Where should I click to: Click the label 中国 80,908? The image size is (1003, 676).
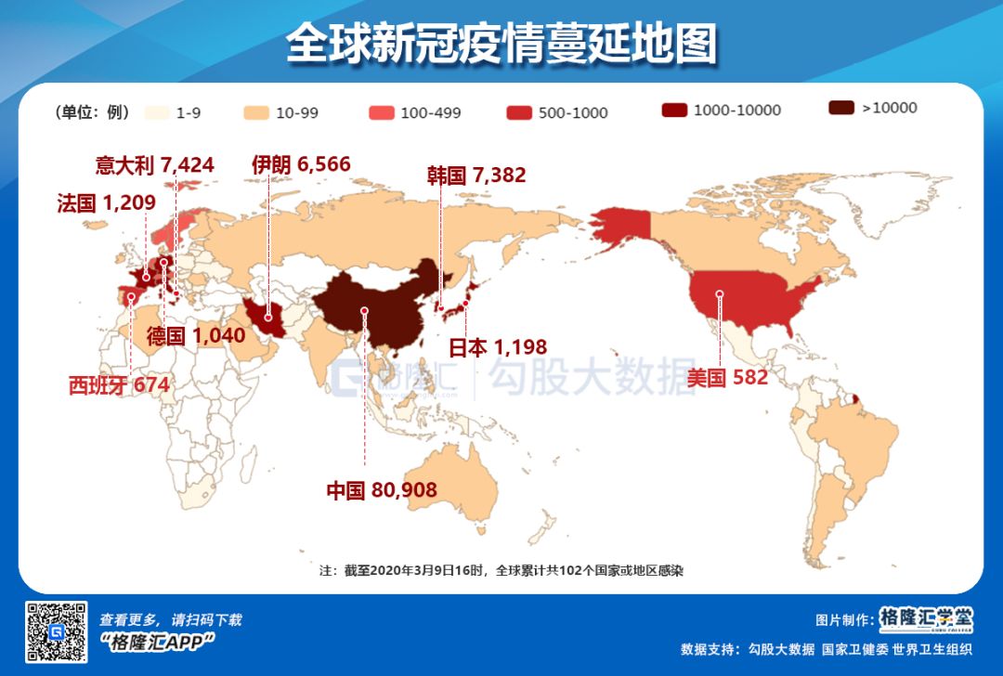pyautogui.click(x=381, y=490)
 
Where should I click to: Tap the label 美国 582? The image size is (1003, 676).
pyautogui.click(x=728, y=377)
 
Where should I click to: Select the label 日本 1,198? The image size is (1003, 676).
pyautogui.click(x=498, y=347)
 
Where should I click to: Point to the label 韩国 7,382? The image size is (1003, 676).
pyautogui.click(x=476, y=175)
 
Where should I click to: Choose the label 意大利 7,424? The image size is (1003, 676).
pyautogui.click(x=155, y=165)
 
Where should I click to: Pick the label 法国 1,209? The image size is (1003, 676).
pyautogui.click(x=106, y=203)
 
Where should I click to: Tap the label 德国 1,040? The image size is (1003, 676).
pyautogui.click(x=196, y=335)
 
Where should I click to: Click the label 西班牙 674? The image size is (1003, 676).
pyautogui.click(x=119, y=384)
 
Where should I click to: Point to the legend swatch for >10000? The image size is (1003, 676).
pyautogui.click(x=840, y=108)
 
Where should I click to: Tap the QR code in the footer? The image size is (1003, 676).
pyautogui.click(x=56, y=632)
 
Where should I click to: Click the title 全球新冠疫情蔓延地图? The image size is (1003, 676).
pyautogui.click(x=501, y=45)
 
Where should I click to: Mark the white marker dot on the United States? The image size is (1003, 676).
pyautogui.click(x=720, y=294)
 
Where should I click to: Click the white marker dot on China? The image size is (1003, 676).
pyautogui.click(x=365, y=310)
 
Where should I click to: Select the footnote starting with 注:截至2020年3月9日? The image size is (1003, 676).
pyautogui.click(x=501, y=570)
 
